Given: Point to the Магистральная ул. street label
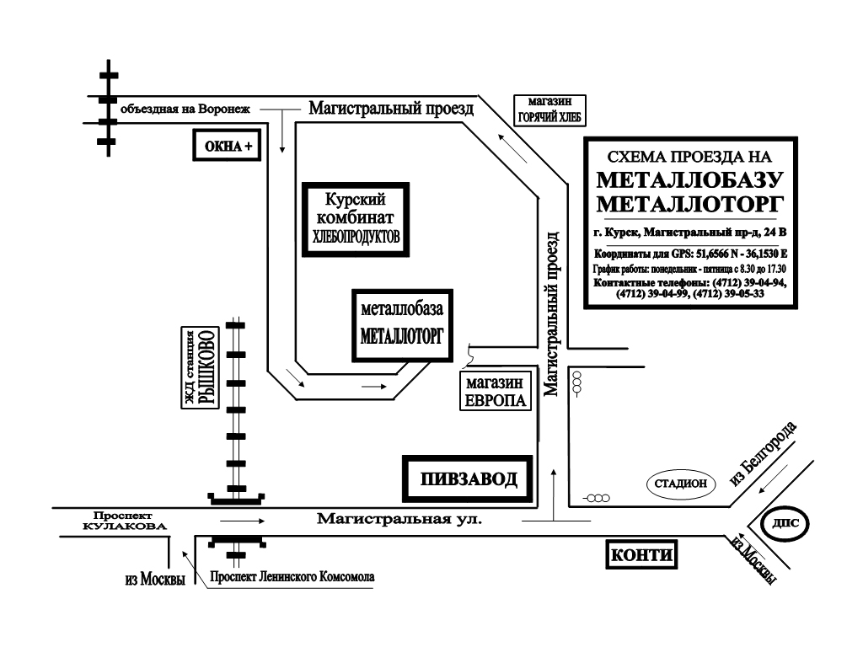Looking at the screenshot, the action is (399, 518).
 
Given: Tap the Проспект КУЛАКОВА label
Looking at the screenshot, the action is (125, 521).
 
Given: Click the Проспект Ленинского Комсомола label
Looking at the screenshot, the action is (292, 576).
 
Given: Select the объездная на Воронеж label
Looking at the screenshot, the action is (185, 109).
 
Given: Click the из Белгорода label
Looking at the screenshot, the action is (763, 453).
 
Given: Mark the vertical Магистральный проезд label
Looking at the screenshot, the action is (552, 313).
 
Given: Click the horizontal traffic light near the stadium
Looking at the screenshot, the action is (597, 499).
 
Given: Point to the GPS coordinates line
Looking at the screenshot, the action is (691, 254).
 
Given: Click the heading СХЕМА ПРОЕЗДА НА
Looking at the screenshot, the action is (689, 157).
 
